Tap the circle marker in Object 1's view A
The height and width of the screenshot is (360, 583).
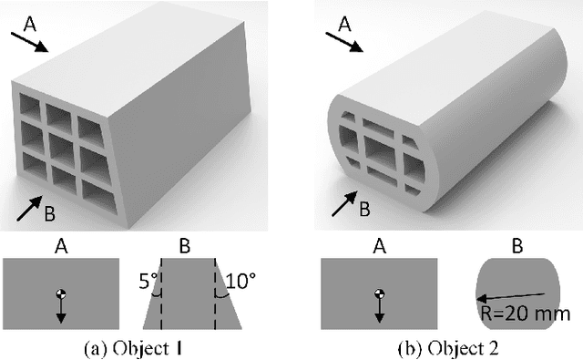point(61,293)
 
